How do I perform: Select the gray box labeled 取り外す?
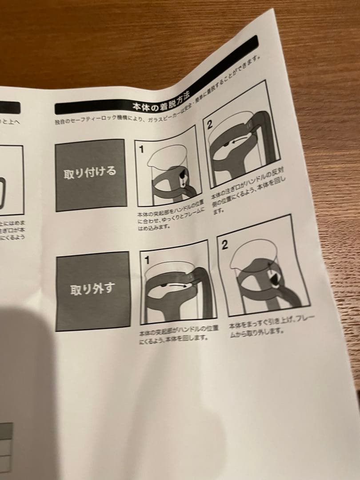92,290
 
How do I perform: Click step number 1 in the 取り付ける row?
141,150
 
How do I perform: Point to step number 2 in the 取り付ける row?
209,125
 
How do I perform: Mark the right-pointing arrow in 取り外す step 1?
173,288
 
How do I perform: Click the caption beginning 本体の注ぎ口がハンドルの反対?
249,190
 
